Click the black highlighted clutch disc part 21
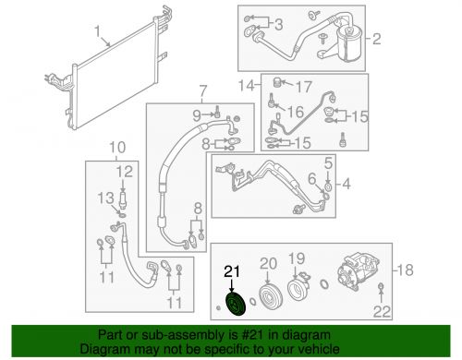tap(235, 304)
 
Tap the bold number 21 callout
tap(232, 271)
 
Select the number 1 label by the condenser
tap(97, 32)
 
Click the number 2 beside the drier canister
tap(377, 39)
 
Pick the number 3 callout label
tap(278, 24)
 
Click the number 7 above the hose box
tap(202, 90)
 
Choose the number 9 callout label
tap(198, 115)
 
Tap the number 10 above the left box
tap(117, 148)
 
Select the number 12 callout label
tap(125, 172)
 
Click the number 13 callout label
tap(106, 198)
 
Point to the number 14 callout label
tap(247, 85)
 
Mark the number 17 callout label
tap(304, 87)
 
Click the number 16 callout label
tap(296, 112)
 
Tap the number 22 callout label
tap(382, 312)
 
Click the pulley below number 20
tap(270, 295)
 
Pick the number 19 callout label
tap(297, 258)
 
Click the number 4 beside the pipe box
tap(346, 185)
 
